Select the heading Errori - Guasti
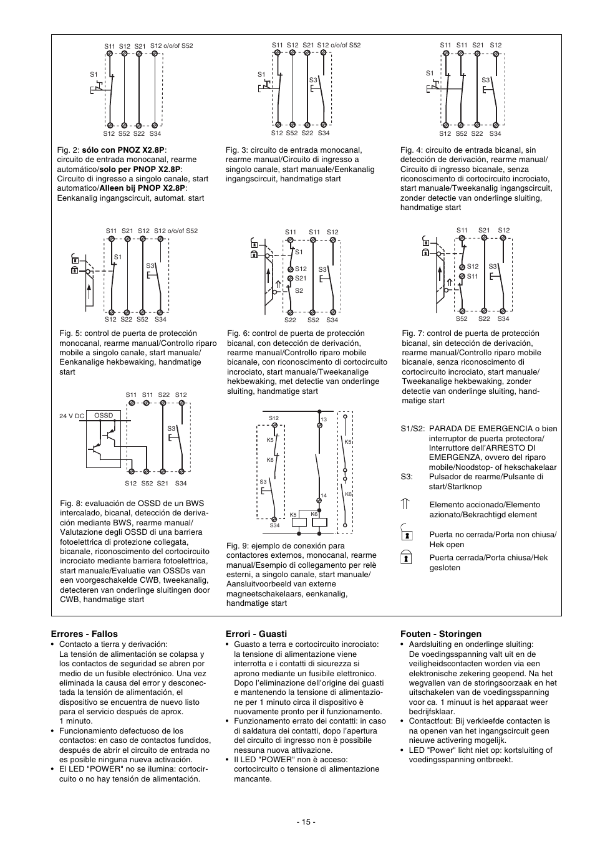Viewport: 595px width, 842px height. [256, 634]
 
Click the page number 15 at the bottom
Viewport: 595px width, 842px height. [306, 821]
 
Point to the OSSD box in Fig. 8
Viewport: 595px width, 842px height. [104, 416]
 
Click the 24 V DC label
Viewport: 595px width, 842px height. [71, 416]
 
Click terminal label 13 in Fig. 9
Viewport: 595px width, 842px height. [324, 420]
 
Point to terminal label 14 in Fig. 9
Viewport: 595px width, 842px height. [324, 495]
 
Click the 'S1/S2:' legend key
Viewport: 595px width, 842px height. [413, 428]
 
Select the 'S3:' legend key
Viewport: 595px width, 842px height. [407, 477]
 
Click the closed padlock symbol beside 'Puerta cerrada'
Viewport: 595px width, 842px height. [406, 558]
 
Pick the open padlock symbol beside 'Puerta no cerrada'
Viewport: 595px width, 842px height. [406, 533]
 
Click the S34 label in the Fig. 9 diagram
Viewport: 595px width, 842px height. [274, 525]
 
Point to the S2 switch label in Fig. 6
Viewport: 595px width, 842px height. [299, 290]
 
